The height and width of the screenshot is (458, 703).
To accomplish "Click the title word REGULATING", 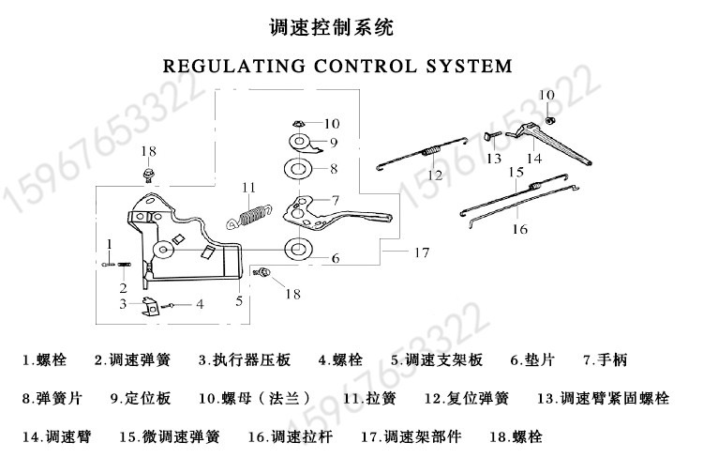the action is coord(233,67).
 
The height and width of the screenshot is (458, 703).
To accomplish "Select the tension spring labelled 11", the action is coord(248,216).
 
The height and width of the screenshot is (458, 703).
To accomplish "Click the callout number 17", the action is coord(422,252).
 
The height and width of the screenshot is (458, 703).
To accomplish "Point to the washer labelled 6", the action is coord(298,249).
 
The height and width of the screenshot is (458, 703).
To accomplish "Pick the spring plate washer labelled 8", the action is coord(298,169).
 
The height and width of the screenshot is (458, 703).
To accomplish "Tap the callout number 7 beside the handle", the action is coord(336,200).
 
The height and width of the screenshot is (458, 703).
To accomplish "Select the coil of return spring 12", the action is coord(431,151).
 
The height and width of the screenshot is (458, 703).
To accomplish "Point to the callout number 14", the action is coord(534,158).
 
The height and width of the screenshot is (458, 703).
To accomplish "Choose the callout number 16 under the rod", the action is coord(520,229).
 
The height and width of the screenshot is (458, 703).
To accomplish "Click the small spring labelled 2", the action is coord(124,265).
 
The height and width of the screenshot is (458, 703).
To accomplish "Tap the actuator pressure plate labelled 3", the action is coord(151,307).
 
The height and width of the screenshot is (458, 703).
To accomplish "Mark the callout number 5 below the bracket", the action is coord(239,301).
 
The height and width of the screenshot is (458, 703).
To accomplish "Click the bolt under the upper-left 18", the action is coord(147,174).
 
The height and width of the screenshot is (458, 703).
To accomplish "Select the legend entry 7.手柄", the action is coord(606,359).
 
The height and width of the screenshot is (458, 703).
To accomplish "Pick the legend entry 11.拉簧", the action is coord(369,398).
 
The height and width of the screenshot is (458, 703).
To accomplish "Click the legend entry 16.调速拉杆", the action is coord(291,436).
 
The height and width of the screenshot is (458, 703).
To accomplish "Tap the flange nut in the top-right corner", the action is coord(548,120).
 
